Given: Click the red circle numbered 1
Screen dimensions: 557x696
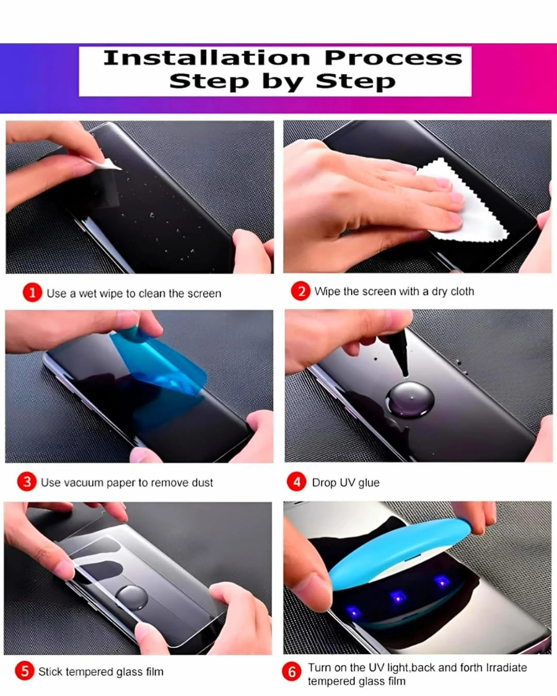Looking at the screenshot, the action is point(32,293).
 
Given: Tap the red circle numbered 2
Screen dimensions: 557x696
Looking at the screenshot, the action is point(301,291).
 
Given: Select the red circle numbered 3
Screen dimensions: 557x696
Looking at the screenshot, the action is point(27,481).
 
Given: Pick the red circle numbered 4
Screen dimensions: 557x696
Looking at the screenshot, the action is point(297,481).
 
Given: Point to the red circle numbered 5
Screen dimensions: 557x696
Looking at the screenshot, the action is point(25,671).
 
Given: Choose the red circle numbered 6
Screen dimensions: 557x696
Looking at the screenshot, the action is point(291,671).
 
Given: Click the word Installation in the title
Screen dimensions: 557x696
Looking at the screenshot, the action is point(207,58).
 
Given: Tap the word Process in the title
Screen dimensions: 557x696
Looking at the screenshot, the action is point(394,58).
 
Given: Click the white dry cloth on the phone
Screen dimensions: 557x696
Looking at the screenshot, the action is point(466,202).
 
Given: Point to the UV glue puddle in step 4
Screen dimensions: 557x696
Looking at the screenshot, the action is point(409,400).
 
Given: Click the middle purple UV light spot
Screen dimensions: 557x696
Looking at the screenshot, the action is point(398,596).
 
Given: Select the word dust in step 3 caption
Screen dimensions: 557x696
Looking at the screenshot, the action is point(202,482).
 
